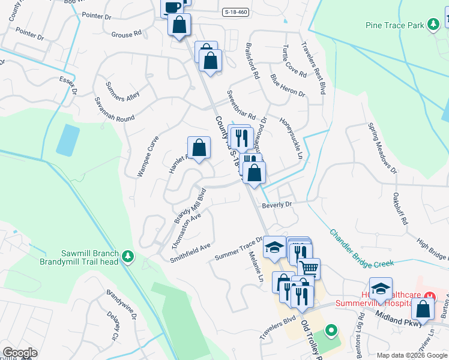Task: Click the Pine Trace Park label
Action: (396, 25)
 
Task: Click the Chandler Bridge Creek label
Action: (361, 247)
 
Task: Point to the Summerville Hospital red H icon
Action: (429, 296)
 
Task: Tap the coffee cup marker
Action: (172, 7)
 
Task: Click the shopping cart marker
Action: (309, 268)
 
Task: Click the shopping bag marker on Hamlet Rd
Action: (199, 147)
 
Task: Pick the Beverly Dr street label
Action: (276, 205)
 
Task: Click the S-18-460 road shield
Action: (236, 12)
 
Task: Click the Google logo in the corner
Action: (20, 352)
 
